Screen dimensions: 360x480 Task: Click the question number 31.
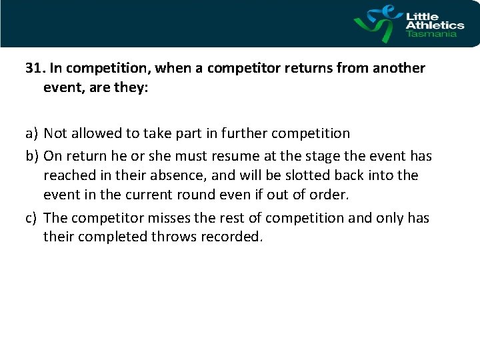[x=34, y=69]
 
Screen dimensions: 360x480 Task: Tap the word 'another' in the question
[x=399, y=69]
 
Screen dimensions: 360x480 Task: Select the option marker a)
[x=33, y=133]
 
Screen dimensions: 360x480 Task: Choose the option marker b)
[x=33, y=157]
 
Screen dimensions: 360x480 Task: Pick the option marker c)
[x=33, y=218]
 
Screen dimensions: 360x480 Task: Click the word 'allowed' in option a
[x=99, y=133]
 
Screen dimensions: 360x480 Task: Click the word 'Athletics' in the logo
[x=435, y=25]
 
